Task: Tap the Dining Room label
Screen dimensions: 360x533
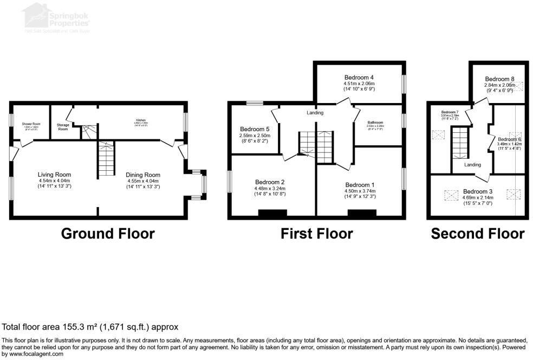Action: pyautogui.click(x=143, y=175)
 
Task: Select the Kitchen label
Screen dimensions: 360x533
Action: pyautogui.click(x=141, y=120)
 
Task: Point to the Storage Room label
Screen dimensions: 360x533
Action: pyautogui.click(x=63, y=127)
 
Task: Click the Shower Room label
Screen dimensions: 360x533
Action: pyautogui.click(x=31, y=124)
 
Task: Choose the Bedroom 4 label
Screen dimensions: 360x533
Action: pyautogui.click(x=359, y=77)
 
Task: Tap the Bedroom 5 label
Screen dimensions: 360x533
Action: pyautogui.click(x=254, y=128)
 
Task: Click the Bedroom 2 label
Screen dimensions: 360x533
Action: pyautogui.click(x=269, y=182)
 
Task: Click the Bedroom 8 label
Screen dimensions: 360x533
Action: pyautogui.click(x=500, y=79)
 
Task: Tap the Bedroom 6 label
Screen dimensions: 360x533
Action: pyautogui.click(x=509, y=139)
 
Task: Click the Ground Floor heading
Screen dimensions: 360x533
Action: pyautogui.click(x=108, y=234)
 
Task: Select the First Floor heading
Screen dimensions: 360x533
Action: pyautogui.click(x=316, y=234)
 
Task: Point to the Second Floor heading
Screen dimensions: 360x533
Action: pyautogui.click(x=477, y=234)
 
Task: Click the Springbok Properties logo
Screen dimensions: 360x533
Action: pyautogui.click(x=57, y=15)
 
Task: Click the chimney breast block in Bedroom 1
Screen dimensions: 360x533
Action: pyautogui.click(x=358, y=213)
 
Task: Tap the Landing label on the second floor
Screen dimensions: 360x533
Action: pyautogui.click(x=472, y=164)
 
